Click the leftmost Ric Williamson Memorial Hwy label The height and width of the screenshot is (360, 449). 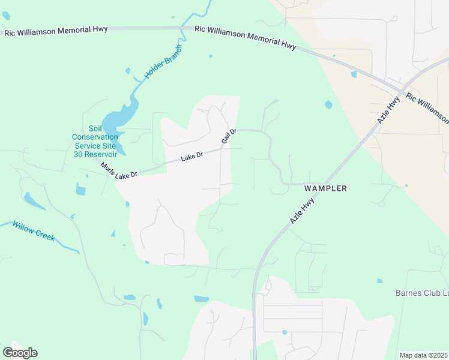[x=56, y=31]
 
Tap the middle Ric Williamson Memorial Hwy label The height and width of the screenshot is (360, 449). [x=246, y=39]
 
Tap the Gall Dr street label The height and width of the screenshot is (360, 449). [x=229, y=136]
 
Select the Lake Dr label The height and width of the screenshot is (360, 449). [x=192, y=157]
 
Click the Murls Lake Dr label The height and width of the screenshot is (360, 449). [x=119, y=170]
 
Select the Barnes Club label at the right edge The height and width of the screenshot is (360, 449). [x=421, y=293]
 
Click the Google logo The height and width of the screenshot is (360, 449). [x=20, y=352]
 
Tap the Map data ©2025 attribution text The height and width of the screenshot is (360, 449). [x=424, y=355]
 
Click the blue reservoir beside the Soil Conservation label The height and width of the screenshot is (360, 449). [x=113, y=122]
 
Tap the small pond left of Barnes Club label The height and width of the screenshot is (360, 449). [x=379, y=281]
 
